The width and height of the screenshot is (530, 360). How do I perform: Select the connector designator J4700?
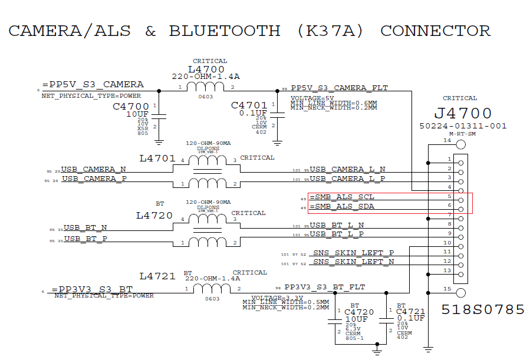(x=463, y=113)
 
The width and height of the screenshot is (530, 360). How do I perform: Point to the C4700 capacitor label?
(x=131, y=107)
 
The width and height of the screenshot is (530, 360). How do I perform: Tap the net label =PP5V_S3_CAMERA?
(x=93, y=84)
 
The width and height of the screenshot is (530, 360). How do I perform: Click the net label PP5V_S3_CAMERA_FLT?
(x=339, y=88)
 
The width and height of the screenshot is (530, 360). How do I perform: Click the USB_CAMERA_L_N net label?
(x=347, y=170)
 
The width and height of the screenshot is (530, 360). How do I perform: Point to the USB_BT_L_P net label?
(x=337, y=234)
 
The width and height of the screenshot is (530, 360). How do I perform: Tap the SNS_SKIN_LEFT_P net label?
(x=353, y=252)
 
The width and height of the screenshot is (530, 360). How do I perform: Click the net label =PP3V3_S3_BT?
(x=92, y=289)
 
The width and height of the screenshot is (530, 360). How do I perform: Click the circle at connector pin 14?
(x=460, y=144)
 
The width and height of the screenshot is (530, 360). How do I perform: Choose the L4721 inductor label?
(x=157, y=276)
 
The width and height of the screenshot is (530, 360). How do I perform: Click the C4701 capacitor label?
(x=249, y=105)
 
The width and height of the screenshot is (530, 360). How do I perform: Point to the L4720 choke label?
(x=154, y=216)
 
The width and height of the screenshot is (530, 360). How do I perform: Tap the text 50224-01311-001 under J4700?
(x=463, y=126)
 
